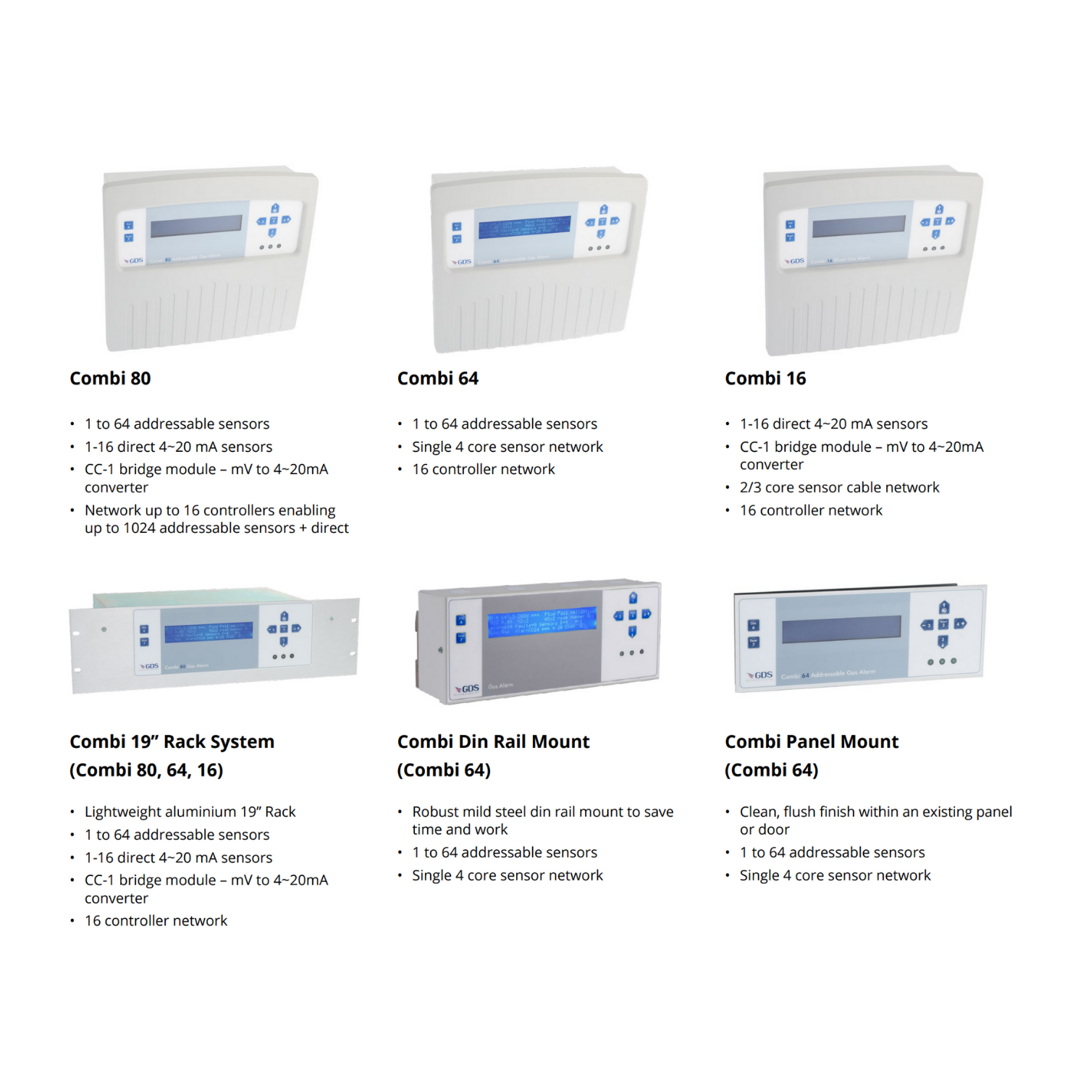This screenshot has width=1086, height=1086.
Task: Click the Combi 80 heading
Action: (110, 379)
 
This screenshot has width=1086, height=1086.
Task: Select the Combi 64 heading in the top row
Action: (437, 379)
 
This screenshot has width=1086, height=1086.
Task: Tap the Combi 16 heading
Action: (765, 379)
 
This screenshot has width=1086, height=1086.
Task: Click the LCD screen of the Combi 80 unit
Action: (196, 225)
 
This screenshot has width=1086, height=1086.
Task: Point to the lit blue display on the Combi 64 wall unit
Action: (524, 226)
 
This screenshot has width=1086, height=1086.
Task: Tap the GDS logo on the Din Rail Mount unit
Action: (468, 689)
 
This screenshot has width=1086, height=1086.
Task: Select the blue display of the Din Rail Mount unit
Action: (542, 622)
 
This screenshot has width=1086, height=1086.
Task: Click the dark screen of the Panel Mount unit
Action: (841, 629)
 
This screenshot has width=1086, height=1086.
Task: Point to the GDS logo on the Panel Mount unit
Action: (762, 675)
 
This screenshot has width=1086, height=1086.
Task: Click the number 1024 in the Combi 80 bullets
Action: (139, 529)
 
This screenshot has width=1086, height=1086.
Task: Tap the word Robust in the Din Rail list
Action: (437, 812)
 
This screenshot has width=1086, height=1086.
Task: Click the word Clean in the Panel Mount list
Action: (759, 812)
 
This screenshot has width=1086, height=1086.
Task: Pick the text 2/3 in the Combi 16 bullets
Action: (750, 488)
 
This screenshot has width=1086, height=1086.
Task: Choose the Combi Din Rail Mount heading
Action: (493, 742)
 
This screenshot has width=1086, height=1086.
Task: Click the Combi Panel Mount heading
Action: (812, 742)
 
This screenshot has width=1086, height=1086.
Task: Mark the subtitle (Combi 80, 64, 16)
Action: (146, 770)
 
